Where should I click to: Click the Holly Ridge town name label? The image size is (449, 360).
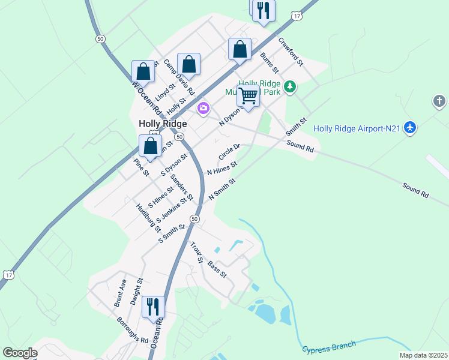163,124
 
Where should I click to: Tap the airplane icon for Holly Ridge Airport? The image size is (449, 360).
410,127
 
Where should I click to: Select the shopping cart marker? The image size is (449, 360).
247,96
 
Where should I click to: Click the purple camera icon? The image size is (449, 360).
203,108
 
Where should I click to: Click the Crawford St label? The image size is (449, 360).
291,52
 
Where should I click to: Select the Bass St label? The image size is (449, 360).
217,269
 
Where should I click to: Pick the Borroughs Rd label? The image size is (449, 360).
133,330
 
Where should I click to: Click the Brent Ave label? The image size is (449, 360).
120,293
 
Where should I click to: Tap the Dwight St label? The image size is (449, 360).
136,289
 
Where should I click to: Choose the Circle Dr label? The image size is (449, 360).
229,151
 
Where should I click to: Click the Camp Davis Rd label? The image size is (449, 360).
179,78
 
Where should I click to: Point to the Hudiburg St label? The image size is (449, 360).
148,217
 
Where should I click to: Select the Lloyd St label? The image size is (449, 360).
165,91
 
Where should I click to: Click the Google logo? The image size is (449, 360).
20,353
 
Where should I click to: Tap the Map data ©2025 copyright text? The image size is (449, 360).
423,355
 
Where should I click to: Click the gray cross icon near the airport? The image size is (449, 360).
439,101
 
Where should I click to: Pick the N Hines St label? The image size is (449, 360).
222,168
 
